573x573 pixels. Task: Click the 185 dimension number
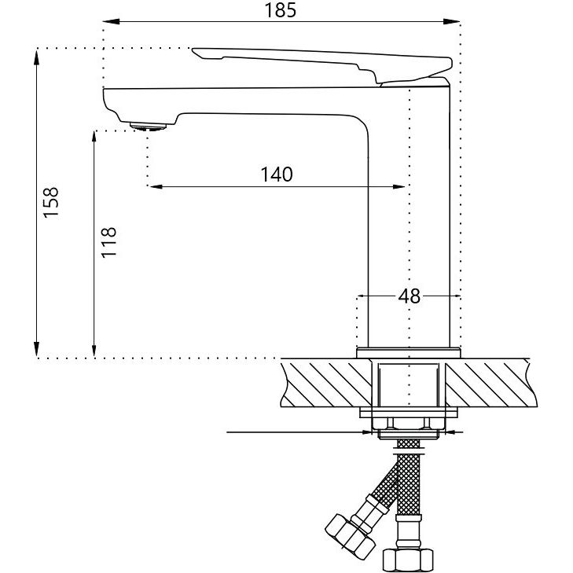(280, 10)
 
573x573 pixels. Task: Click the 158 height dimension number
(51, 203)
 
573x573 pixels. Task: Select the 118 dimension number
(109, 243)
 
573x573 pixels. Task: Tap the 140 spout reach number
(277, 174)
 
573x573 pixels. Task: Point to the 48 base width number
(410, 296)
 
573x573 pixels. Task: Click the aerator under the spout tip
(148, 127)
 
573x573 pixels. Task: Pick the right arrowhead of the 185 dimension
(452, 22)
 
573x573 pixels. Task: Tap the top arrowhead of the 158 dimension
(36, 57)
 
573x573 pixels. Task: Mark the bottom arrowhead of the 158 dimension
(36, 349)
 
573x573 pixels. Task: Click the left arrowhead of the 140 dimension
(156, 187)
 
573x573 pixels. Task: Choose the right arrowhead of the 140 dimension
(399, 187)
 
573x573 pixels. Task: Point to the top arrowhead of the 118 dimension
(94, 139)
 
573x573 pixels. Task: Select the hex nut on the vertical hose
(408, 560)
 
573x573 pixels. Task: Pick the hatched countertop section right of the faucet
(491, 383)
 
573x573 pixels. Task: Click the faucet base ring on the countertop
(409, 353)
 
